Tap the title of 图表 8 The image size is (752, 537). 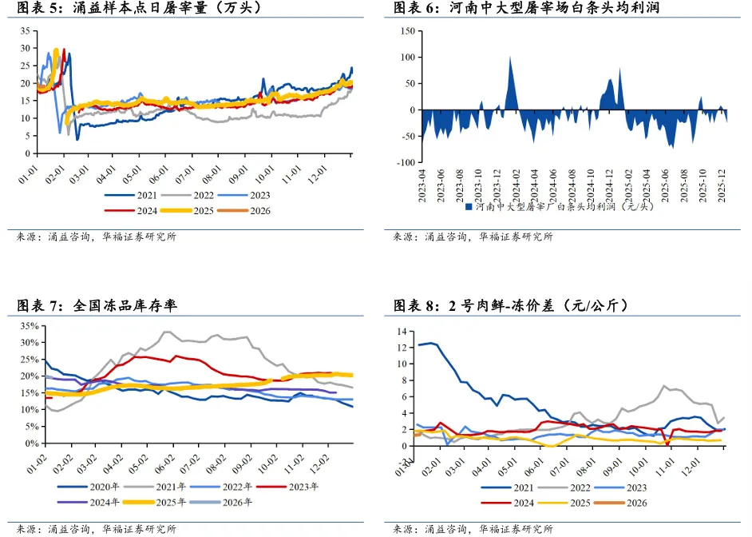[511, 305]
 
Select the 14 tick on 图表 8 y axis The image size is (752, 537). [402, 331]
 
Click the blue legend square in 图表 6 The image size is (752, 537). [469, 206]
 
